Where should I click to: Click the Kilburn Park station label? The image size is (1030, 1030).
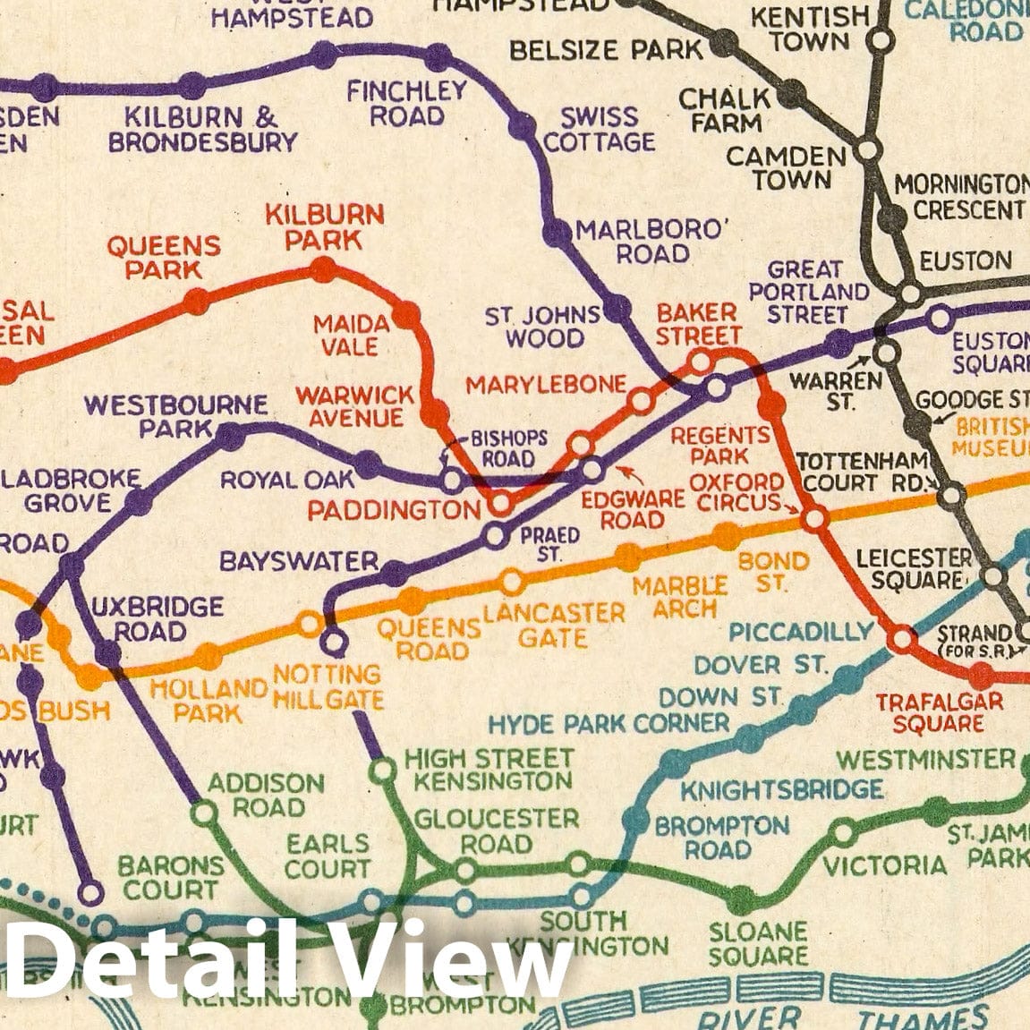pos(325,226)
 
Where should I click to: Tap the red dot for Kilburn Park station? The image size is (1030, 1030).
pos(323,268)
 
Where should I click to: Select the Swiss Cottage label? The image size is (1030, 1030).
pos(600,130)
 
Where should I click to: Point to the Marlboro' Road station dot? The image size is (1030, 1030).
pos(557,234)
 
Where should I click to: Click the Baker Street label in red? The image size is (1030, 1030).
pos(697,324)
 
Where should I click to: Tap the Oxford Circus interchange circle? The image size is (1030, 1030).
pos(815,518)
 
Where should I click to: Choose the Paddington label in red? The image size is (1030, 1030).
pos(395,510)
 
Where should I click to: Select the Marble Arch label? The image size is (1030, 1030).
pos(679,597)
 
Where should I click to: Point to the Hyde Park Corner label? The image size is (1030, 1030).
pos(609,723)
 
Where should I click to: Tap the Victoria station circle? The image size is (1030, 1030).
pos(843,833)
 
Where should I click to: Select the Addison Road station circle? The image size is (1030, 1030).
pos(204,813)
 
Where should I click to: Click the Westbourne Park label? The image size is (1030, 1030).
pos(175,416)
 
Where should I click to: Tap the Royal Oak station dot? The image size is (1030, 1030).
pos(367,464)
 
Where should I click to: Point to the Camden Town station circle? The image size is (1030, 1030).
pos(866,150)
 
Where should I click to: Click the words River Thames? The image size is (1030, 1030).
pos(841,1017)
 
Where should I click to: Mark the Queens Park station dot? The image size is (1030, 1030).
pos(196,302)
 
